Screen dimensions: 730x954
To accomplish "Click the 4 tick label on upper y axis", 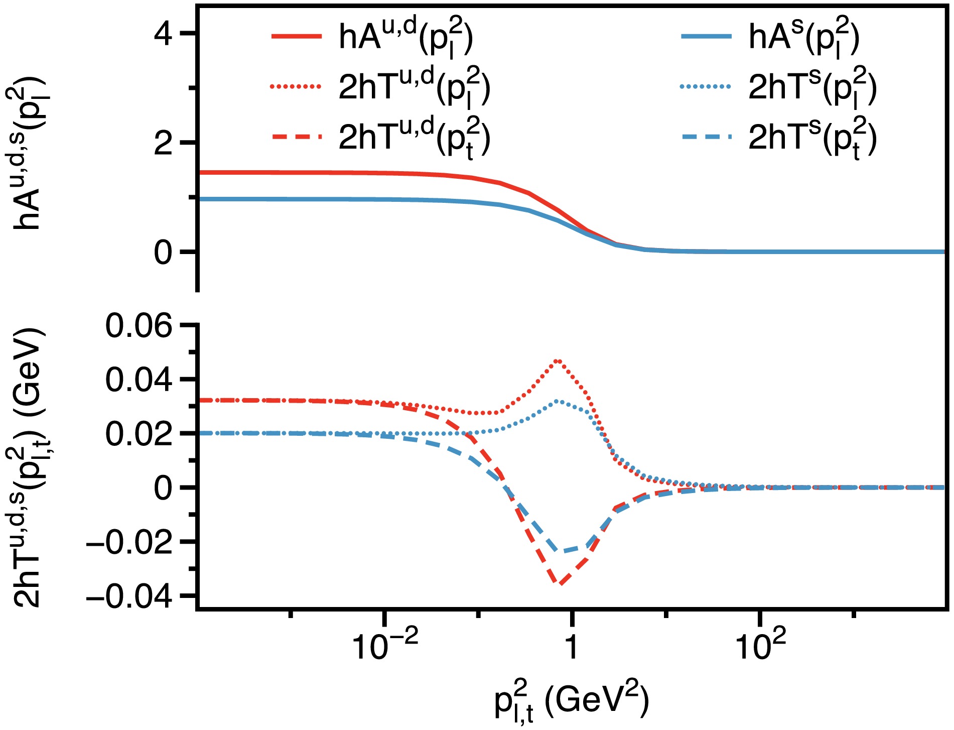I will click(x=163, y=34).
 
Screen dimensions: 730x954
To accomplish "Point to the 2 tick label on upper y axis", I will click(x=163, y=143).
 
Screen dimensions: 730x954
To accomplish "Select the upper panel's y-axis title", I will click(x=28, y=153).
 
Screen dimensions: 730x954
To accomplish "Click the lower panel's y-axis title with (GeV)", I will click(x=28, y=467).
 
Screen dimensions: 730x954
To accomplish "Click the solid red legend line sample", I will click(x=296, y=36).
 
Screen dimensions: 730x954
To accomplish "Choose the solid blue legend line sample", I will click(x=706, y=36).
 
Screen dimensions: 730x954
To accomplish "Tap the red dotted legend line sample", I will click(x=296, y=86).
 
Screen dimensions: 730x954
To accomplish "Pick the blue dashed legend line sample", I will click(x=706, y=137).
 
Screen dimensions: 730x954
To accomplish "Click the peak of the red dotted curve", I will click(x=557, y=360).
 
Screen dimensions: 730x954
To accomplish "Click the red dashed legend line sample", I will click(x=296, y=137).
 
